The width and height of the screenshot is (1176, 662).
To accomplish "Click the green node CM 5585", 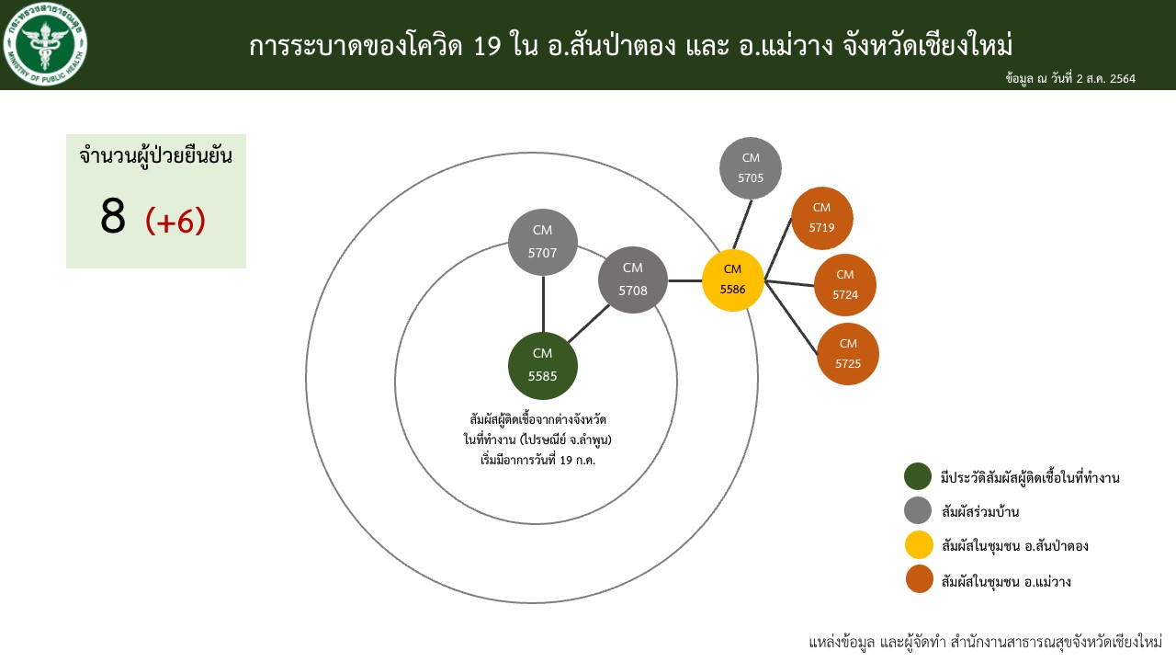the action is click(543, 366).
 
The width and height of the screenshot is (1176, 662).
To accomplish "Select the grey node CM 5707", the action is click(543, 242).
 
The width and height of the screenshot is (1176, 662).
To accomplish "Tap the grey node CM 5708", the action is click(633, 280).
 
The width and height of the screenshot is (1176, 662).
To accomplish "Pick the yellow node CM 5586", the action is click(733, 280).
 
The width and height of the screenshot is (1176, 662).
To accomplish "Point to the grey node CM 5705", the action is click(751, 168).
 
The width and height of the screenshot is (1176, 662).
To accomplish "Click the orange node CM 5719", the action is click(821, 218).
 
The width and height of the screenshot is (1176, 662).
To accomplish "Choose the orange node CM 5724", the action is click(844, 285).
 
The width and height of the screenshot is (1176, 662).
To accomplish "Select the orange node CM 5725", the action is click(848, 354).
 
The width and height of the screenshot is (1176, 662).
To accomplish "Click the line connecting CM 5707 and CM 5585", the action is click(543, 304).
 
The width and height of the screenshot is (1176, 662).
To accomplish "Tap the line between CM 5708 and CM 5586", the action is click(685, 281).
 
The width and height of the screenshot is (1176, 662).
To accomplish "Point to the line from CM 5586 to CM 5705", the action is click(742, 224).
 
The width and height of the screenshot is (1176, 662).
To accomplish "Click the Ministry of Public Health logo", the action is click(45, 44).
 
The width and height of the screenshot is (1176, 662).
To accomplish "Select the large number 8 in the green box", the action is click(113, 216).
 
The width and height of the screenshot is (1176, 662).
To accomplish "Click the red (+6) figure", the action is click(175, 222).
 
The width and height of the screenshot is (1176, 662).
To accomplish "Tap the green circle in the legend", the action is click(918, 476).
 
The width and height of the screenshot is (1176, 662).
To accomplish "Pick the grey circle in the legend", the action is click(918, 510).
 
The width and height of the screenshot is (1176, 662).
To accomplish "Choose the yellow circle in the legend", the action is click(919, 545).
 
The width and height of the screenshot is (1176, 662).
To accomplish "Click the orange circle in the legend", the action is click(920, 579).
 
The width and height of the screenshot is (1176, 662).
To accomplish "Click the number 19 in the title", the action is click(487, 46).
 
